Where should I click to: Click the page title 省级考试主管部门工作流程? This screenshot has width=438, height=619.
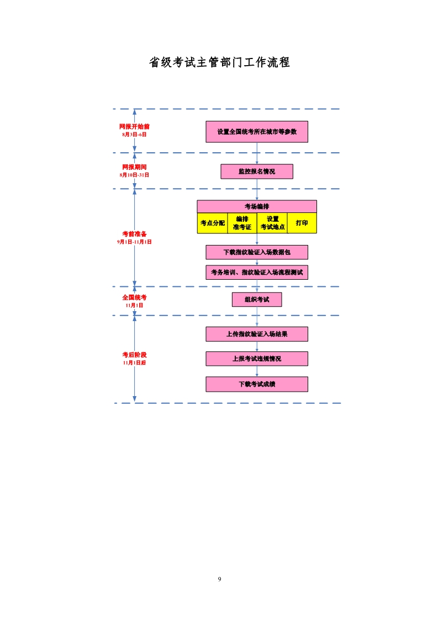point(219,62)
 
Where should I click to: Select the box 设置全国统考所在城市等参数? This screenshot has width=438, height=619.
point(257,132)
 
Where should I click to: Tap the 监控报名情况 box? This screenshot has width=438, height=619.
point(257,172)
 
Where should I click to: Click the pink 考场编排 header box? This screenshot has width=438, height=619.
point(257,206)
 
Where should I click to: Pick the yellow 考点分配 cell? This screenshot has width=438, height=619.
point(212,223)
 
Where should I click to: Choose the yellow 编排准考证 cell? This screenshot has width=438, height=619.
point(242,223)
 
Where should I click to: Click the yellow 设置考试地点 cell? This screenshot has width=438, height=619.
point(272,223)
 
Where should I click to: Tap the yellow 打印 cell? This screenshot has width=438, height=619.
point(302,223)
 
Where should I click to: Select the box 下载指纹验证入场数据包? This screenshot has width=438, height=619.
point(257,252)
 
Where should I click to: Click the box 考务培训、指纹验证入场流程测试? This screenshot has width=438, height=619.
point(257,273)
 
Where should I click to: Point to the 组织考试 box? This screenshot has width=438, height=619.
point(257,300)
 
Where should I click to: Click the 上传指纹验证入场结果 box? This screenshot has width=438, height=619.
point(257,334)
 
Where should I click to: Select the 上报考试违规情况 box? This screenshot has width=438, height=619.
point(257,359)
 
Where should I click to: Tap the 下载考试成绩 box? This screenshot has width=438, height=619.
point(257,384)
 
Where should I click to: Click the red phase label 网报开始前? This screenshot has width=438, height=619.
point(134,127)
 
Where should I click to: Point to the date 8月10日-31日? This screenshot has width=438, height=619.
point(134,175)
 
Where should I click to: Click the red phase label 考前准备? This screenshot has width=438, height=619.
point(134,234)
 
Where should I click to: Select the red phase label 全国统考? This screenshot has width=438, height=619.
point(134,298)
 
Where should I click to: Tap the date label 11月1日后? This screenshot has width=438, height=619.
point(134,363)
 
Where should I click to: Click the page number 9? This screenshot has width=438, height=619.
point(219,579)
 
